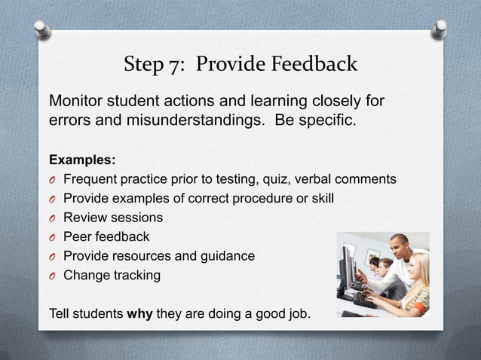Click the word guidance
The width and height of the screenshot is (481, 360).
pos(225,256)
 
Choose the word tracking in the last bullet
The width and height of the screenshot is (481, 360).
pos(135,276)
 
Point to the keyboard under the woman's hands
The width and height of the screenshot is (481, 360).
pos(366,299)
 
